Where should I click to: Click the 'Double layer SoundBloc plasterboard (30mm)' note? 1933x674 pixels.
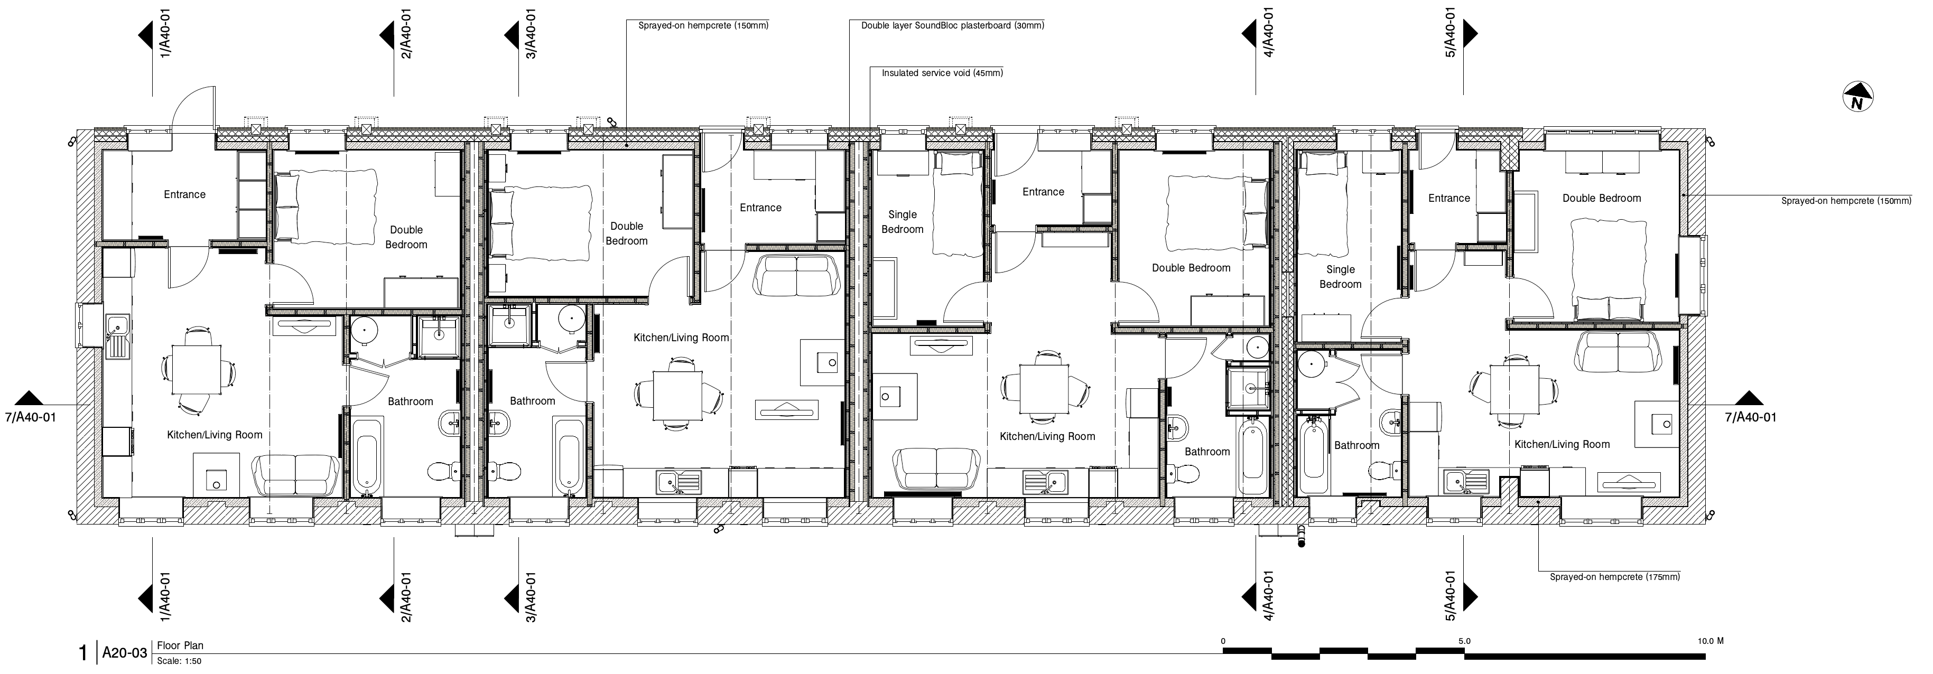pos(952,25)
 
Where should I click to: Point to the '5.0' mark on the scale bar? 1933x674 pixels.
pos(1464,642)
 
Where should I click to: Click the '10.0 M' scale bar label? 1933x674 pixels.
pos(1711,642)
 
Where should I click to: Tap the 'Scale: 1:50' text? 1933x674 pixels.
pos(179,661)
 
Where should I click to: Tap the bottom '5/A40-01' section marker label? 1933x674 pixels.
pos(1451,597)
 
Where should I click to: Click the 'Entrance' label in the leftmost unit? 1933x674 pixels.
pos(184,195)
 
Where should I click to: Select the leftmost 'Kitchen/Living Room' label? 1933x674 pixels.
pos(215,435)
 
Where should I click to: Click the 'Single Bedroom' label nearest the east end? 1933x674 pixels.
pos(1340,277)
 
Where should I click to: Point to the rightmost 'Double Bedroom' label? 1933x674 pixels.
pos(1601,199)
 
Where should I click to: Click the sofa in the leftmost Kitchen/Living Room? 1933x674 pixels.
pos(295,474)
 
